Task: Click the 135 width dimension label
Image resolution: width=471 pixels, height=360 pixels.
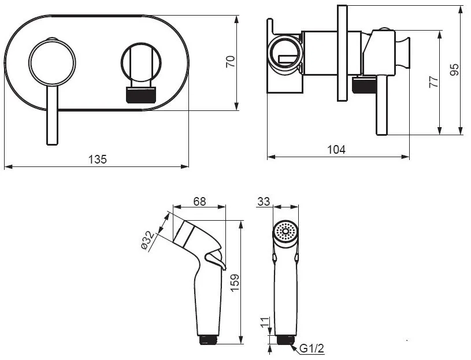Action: [97, 159]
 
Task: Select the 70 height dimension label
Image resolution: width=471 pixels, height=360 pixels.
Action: [231, 62]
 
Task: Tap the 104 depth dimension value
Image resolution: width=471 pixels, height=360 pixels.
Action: [336, 149]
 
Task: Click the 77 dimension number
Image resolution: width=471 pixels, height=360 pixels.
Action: [434, 81]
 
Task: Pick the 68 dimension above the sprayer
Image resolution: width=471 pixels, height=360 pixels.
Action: [199, 202]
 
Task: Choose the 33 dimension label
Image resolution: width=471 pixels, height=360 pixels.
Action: [264, 202]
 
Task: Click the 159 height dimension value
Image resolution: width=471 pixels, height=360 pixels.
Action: [234, 282]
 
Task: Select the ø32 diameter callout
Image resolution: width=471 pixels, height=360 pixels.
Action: [148, 240]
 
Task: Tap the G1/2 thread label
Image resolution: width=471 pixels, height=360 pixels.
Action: [312, 348]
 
